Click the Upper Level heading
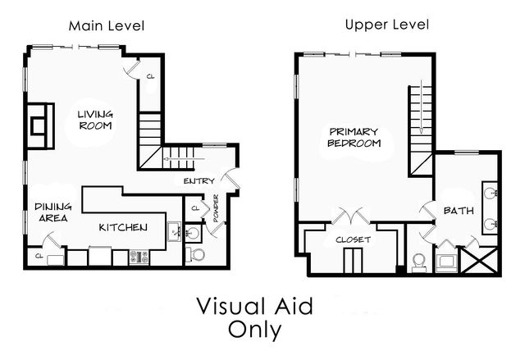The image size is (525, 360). click(x=386, y=25)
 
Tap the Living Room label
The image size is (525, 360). click(x=94, y=120)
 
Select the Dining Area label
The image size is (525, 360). click(x=52, y=213)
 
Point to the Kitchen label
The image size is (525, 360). click(x=123, y=226)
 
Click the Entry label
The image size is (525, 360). click(x=199, y=181)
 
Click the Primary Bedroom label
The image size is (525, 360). click(x=354, y=137)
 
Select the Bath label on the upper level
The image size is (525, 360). click(x=458, y=211)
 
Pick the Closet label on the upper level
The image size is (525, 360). click(x=354, y=239)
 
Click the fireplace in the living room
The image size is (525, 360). click(x=38, y=125)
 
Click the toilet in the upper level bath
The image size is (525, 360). click(x=418, y=261)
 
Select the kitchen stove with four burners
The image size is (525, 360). click(x=138, y=257)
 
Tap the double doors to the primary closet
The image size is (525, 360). click(x=353, y=217)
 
